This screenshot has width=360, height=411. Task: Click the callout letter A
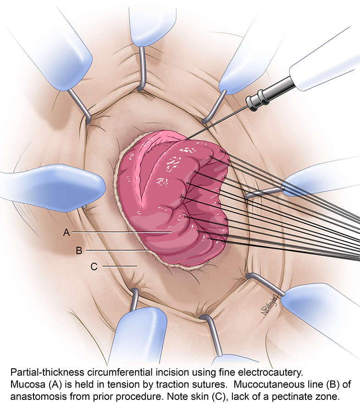[x=66, y=233]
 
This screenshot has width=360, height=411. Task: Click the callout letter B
[x=79, y=250]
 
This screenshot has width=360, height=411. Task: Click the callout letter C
[x=94, y=267]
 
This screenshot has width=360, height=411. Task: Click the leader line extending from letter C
[x=120, y=266]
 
